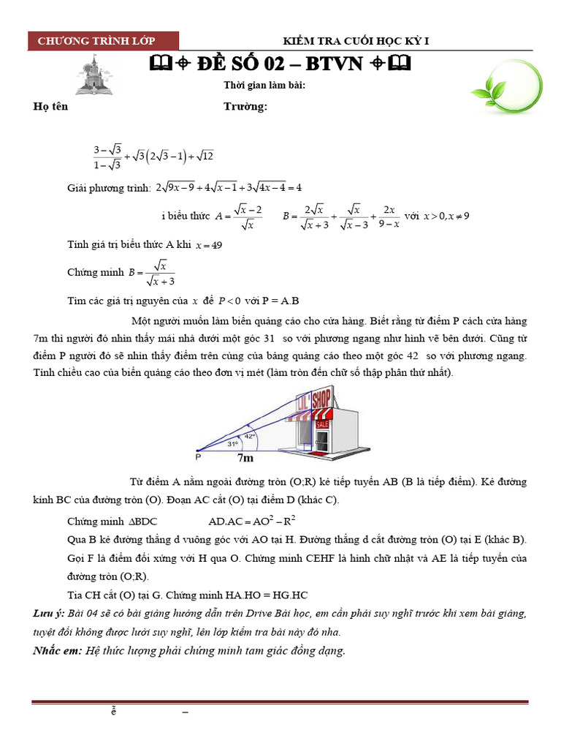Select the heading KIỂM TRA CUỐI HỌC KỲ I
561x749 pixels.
click(356, 41)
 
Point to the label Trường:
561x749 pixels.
click(245, 107)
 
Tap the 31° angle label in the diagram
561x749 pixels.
click(232, 443)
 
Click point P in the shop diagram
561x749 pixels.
click(198, 458)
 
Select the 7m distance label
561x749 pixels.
click(245, 459)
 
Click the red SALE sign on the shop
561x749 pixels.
click(321, 424)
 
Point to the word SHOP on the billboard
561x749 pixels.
click(321, 400)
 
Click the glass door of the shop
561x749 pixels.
click(321, 440)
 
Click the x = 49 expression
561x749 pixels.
click(209, 246)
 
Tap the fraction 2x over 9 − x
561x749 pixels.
click(386, 217)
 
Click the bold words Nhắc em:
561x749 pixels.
click(58, 650)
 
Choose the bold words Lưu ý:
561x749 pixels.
click(48, 612)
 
